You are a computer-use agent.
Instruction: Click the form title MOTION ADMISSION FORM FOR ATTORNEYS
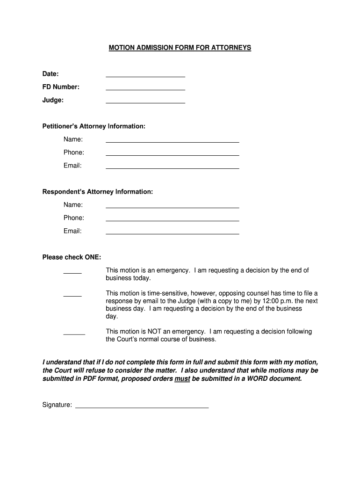tap(180, 48)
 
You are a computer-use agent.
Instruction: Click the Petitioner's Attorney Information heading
tap(94, 126)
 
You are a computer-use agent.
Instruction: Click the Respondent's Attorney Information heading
tap(98, 192)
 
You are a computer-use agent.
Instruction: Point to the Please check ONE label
tap(72, 257)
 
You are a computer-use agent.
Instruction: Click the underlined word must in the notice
tap(182, 379)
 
